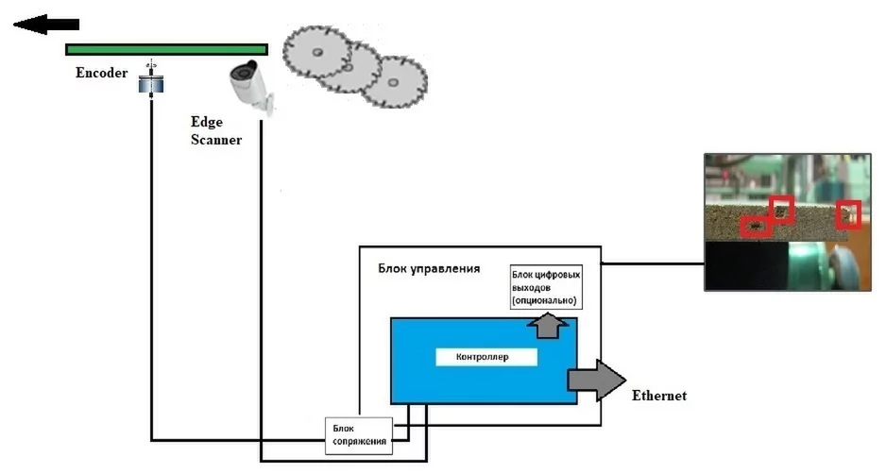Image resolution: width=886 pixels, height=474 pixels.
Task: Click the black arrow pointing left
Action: click(x=44, y=25)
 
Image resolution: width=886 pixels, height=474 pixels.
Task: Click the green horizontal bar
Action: click(x=166, y=49)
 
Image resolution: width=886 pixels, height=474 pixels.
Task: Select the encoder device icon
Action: click(x=151, y=81)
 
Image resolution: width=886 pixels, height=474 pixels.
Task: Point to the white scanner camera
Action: click(x=249, y=83)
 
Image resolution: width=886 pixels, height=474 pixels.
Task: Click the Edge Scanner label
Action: click(x=215, y=131)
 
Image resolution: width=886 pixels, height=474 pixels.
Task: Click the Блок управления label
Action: click(x=429, y=268)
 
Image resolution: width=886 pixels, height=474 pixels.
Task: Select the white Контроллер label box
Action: click(x=486, y=358)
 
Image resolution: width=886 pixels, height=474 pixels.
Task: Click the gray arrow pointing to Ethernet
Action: click(x=594, y=380)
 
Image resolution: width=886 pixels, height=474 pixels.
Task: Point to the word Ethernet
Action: click(x=658, y=395)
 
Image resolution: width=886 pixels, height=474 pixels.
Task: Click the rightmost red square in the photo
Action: click(x=850, y=215)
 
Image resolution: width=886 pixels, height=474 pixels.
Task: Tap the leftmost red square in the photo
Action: click(x=753, y=227)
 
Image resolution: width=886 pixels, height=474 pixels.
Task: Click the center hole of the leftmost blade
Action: click(x=317, y=52)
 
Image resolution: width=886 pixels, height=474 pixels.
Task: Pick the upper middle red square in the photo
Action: click(x=781, y=209)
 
